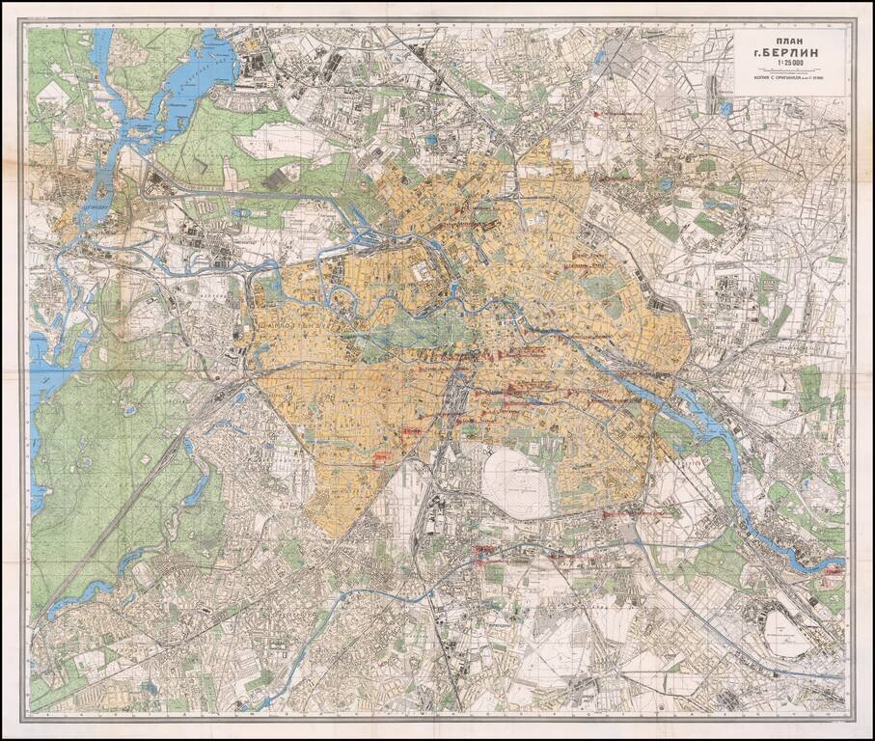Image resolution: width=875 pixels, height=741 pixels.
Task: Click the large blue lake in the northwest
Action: tap(193, 77)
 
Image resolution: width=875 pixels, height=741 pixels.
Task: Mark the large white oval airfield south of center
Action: tap(515, 482)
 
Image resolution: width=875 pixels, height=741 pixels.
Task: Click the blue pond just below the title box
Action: tap(725, 109)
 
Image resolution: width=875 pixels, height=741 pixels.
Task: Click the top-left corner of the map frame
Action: tap(26, 24)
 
